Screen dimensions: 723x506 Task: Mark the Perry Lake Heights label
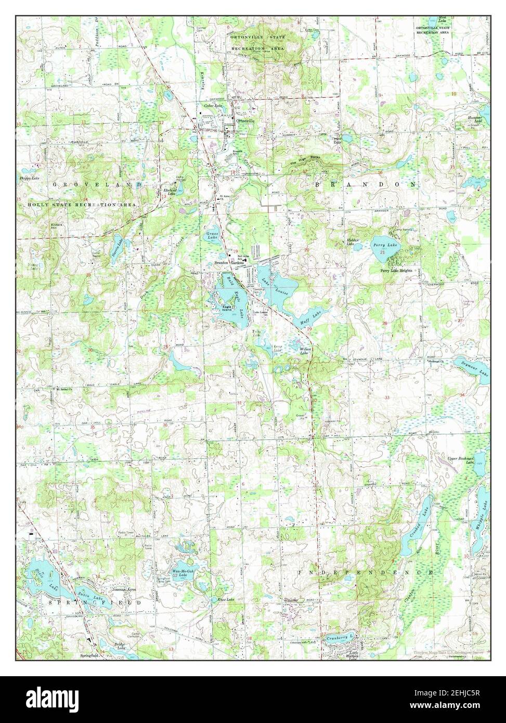click(396, 271)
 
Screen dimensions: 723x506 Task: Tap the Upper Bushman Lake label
click(461, 461)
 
